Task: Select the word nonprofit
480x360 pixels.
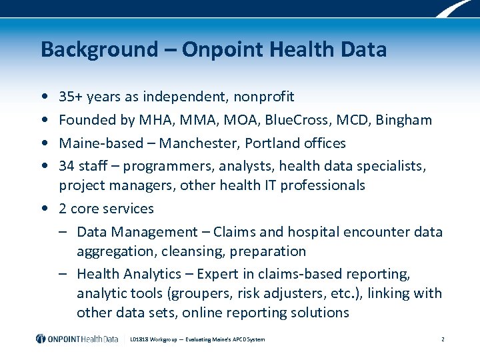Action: [x=263, y=97]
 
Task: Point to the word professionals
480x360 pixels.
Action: [x=323, y=185]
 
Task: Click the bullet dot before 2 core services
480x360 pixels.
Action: [x=43, y=209]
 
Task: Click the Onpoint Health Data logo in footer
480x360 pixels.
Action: [x=77, y=339]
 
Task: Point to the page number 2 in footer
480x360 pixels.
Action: [x=443, y=339]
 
